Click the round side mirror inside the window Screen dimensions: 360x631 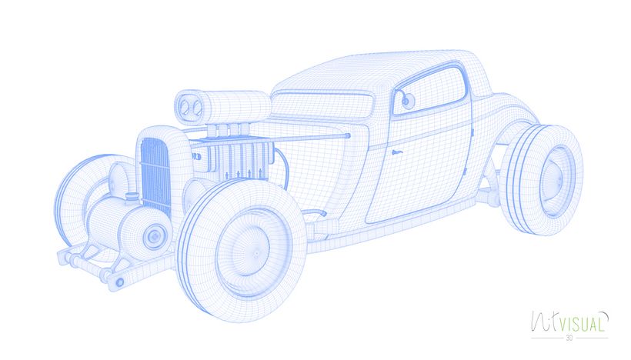coord(406,98)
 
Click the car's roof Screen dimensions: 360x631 coord(369,69)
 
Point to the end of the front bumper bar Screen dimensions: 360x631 coord(119,282)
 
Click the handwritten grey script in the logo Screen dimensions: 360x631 coord(545,321)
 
